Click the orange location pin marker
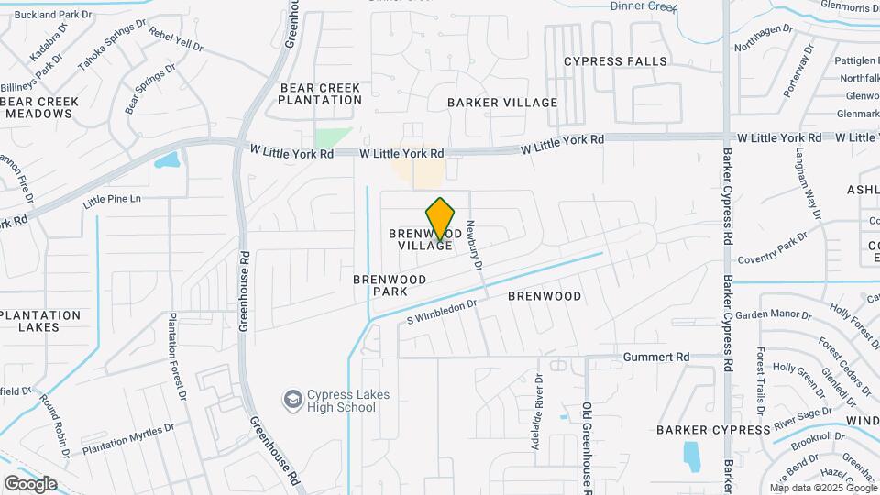pyautogui.click(x=441, y=218)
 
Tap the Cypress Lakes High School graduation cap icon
pyautogui.click(x=292, y=401)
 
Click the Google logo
pyautogui.click(x=30, y=483)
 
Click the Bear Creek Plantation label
pyautogui.click(x=321, y=93)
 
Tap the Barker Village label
pyautogui.click(x=502, y=103)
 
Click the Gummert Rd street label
pyautogui.click(x=655, y=357)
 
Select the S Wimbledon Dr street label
pyautogui.click(x=444, y=313)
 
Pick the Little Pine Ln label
pyautogui.click(x=113, y=199)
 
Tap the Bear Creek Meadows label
pyautogui.click(x=38, y=106)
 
